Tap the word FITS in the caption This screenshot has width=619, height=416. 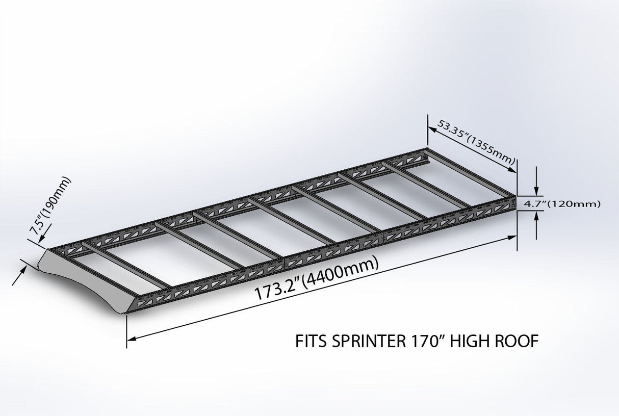pos(312,341)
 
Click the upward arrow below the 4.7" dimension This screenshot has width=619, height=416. pos(536,220)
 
